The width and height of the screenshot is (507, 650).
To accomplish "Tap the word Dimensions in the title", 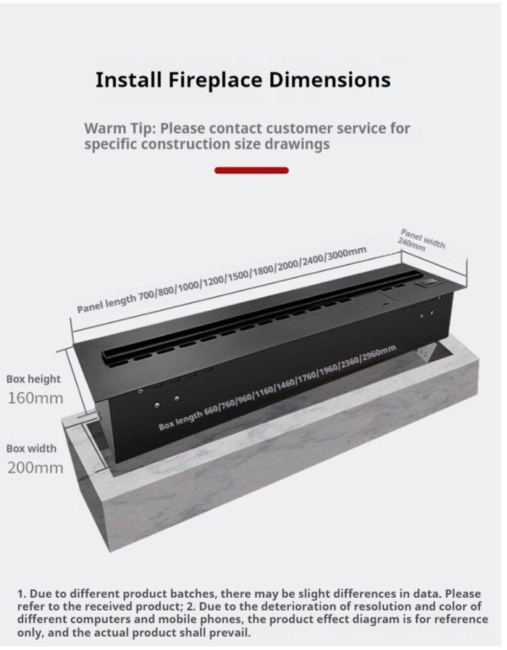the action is (x=330, y=79).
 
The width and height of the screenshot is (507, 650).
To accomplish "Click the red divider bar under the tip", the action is (x=251, y=170).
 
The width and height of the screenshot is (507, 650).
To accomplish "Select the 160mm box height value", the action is (x=35, y=399).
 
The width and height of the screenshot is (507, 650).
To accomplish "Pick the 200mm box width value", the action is (x=35, y=468).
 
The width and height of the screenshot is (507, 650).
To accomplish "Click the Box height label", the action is (x=33, y=379).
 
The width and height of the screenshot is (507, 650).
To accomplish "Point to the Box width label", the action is (x=31, y=449).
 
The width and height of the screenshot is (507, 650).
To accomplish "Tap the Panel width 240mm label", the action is (x=422, y=241).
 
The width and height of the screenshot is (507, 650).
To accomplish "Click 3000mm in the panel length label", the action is (x=347, y=254).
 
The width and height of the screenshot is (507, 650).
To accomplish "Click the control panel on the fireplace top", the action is (x=429, y=284).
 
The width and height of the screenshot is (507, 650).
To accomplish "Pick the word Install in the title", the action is (x=128, y=80).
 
